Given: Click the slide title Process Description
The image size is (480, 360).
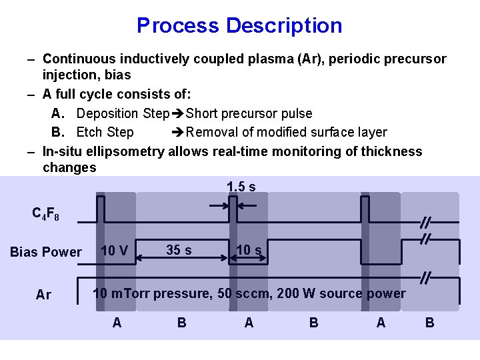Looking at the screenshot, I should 239,25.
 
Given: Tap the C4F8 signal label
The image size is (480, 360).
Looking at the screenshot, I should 46,214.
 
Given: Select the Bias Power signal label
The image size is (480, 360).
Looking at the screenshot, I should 46,252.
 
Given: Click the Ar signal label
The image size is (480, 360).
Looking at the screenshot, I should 43,295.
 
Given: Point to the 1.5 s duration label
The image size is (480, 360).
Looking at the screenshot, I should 241,187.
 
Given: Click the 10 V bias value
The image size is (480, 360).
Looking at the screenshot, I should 114,251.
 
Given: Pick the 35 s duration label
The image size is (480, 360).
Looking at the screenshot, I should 179,250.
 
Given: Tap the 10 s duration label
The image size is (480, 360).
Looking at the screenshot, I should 249,251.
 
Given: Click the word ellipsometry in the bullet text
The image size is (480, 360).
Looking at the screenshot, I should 123,151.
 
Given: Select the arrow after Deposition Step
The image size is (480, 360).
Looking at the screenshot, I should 178,114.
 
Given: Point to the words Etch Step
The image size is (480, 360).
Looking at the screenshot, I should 105,132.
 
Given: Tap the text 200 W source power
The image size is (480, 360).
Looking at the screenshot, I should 363,293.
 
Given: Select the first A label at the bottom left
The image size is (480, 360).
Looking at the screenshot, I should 117,323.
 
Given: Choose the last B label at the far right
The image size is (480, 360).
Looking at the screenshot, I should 429,323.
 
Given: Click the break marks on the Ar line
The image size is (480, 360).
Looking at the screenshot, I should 424,275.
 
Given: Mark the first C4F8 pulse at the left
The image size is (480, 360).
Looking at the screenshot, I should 100,207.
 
